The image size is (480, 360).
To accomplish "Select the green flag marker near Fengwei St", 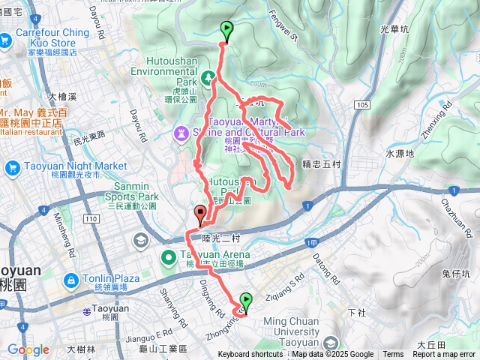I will pos(226,31).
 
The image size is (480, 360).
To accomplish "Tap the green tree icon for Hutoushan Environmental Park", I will pos(208,76).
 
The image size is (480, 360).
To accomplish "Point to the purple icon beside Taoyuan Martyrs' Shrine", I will pos(181,133).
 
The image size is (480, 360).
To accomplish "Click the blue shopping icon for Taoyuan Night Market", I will pos(11,168).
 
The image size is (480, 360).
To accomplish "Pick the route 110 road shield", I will pos(92,218).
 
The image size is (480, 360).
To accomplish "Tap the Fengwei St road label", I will pos(284,31).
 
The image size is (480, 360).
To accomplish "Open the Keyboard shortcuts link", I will pos(250,355).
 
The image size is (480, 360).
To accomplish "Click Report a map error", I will pos(445,355).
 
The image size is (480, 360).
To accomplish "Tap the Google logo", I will pos(28,350).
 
